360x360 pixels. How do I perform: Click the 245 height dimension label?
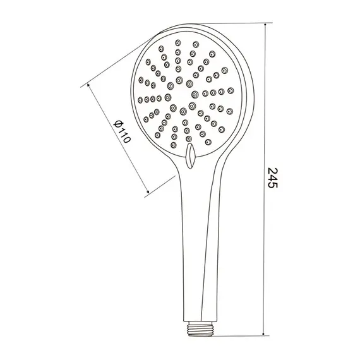pos(273,177)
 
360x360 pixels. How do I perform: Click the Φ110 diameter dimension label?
pos(122,131)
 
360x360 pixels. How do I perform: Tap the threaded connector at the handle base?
pos(200,328)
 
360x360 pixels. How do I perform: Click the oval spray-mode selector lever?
pos(190,156)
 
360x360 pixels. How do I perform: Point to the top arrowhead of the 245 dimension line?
pos(265,25)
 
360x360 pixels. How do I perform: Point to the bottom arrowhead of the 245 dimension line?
pos(263,333)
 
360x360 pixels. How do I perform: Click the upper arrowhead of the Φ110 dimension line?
pos(88,85)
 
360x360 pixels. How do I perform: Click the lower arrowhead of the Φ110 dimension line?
pos(148,191)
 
